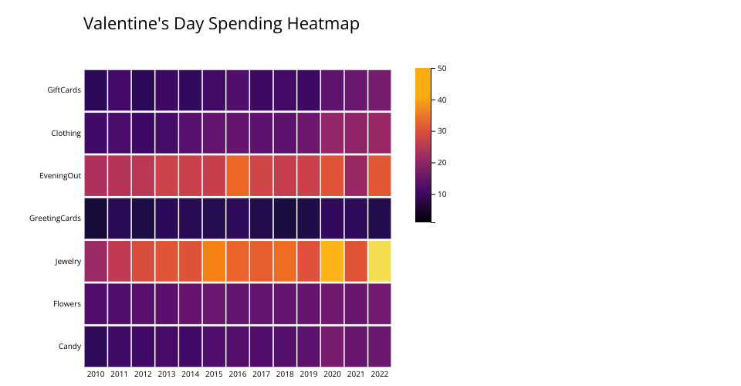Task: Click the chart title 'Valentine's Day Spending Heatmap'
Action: pos(221,24)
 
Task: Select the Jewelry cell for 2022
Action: pos(380,261)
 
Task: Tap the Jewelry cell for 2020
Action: pos(333,261)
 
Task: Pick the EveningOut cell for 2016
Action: pos(238,175)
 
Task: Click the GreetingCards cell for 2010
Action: pos(96,218)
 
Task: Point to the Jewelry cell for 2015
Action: pos(214,261)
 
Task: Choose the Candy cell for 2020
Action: pos(333,347)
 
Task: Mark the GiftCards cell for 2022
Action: pos(380,90)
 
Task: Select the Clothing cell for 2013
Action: pos(167,133)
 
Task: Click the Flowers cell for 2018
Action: pos(285,304)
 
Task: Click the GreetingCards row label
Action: pos(55,218)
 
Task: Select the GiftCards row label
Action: pos(64,90)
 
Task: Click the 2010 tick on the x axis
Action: pos(96,374)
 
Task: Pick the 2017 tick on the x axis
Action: pos(262,374)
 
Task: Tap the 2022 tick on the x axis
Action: pos(380,374)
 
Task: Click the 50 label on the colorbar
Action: pos(442,69)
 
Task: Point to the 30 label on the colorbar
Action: pos(442,131)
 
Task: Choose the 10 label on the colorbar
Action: pos(442,194)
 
